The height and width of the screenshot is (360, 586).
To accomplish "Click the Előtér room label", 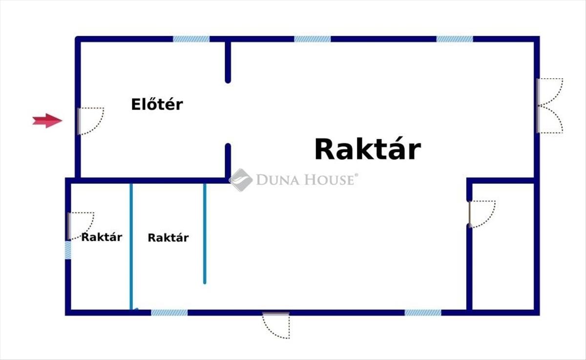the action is pos(157,104).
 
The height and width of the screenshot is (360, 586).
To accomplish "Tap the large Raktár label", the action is pos(368,149).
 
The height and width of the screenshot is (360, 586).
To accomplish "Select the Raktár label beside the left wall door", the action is pos(102,237).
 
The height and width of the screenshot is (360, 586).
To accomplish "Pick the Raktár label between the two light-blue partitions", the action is pos(168,237).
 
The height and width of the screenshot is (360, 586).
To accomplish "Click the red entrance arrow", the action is pos(47,121).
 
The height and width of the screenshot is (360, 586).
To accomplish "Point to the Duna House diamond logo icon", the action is pos(241,180).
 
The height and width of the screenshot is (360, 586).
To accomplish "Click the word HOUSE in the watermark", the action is pos(331,180).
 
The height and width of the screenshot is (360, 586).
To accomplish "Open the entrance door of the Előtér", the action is pos(90,121).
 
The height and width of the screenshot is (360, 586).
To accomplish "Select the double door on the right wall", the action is pos(549,106).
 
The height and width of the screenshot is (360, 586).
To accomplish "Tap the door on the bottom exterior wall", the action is pos(276,325).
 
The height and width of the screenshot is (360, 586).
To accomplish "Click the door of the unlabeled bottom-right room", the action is pos(482,214).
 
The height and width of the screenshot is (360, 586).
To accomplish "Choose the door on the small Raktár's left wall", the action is pos(81,226).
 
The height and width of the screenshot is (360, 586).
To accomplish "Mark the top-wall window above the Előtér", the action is pos(191,39).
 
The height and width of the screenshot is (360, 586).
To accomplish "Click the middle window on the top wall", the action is pos(313,39).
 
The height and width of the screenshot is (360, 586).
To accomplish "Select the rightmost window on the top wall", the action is pos(455,39).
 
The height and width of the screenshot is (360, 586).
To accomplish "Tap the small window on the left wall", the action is pos(68,250).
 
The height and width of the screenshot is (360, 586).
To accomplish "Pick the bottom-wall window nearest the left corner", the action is pos(169,313).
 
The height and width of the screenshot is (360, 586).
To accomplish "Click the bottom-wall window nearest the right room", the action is pos(423,313).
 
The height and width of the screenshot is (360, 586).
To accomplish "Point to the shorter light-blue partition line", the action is pos(205,233).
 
